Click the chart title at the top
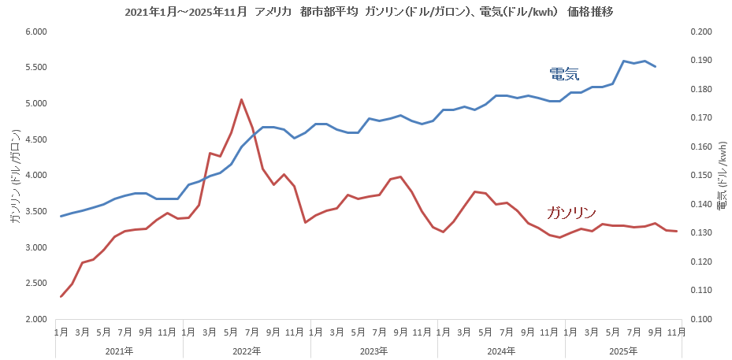point(366,12)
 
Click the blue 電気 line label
point(564,73)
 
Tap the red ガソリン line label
point(570,213)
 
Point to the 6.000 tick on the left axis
point(37,32)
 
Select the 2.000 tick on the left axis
point(37,319)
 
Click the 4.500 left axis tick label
point(37,139)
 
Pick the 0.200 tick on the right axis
point(700,32)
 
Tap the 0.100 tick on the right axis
point(700,319)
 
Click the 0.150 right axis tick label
point(700,176)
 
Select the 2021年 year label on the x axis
point(119,351)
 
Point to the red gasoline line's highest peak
point(241,99)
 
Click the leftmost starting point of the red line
point(61,296)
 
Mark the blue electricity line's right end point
point(656,67)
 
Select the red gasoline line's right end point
point(677,231)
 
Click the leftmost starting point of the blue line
point(61,216)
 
